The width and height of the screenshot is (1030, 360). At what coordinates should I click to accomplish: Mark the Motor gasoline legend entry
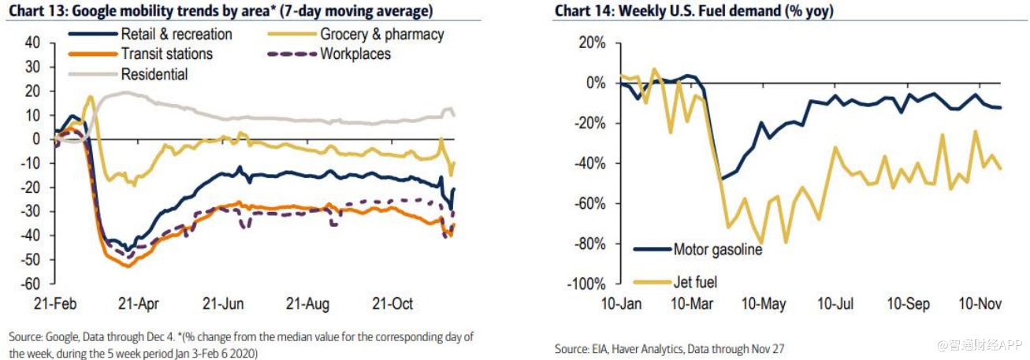718,251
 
